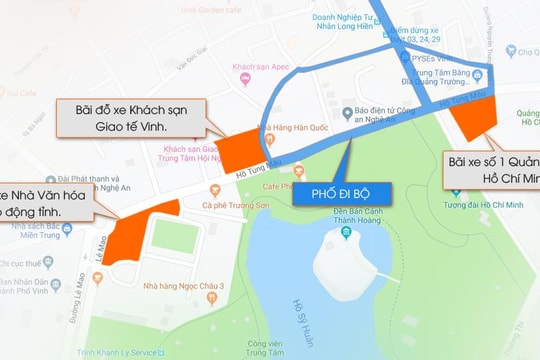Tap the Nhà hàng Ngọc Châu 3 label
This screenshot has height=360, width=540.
[195, 287]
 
